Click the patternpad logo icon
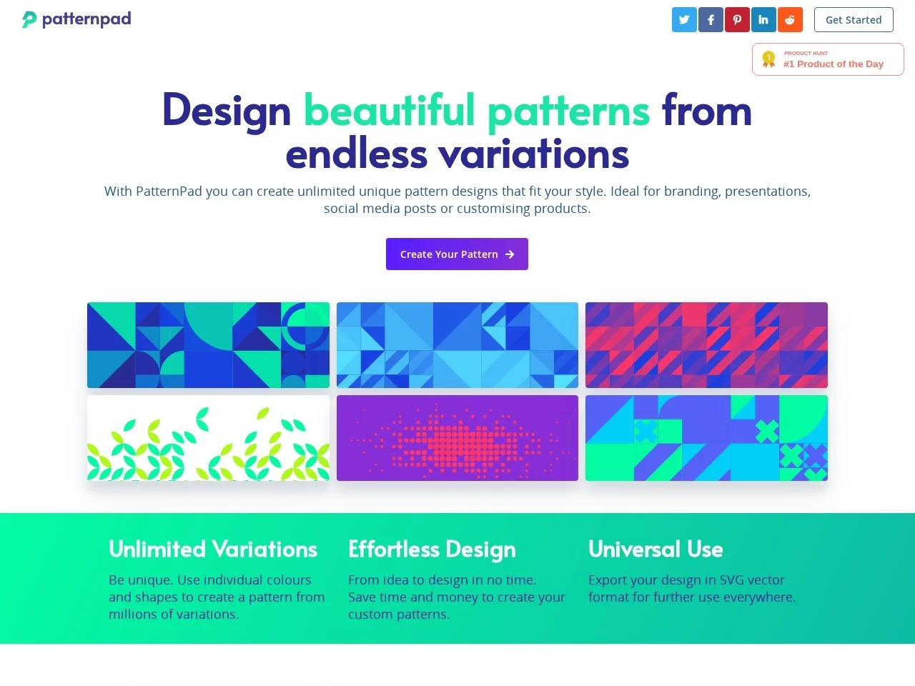pos(29,19)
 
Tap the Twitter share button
pos(684,20)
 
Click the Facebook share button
pos(711,20)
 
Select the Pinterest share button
pos(737,20)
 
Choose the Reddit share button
pos(790,20)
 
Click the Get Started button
pos(854,20)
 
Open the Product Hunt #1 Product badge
pos(828,59)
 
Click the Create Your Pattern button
pos(457,254)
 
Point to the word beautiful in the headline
pos(389,111)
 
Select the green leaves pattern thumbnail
pos(208,438)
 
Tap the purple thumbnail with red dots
pos(457,438)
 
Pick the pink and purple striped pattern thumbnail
pos(706,345)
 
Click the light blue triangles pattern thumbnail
pos(457,345)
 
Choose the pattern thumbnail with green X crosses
pos(706,438)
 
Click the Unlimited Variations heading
pos(213,550)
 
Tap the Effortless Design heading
pos(432,550)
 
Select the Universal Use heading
pos(656,550)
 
